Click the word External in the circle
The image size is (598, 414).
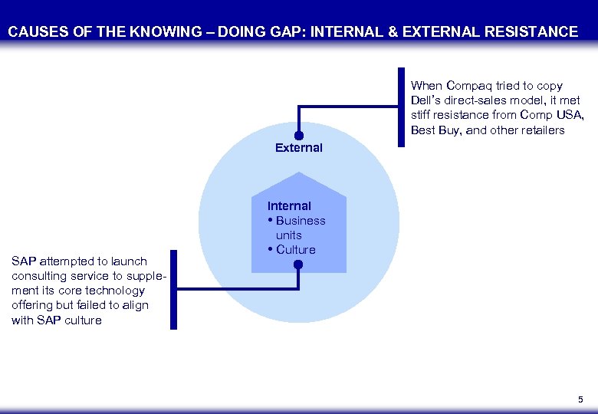click(x=299, y=148)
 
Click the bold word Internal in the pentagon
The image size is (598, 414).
click(x=289, y=206)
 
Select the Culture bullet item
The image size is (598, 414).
click(x=295, y=250)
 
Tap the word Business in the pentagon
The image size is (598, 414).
click(x=301, y=221)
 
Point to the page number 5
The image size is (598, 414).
click(x=580, y=399)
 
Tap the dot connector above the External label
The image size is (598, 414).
click(x=298, y=134)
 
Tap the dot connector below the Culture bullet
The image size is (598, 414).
click(x=298, y=264)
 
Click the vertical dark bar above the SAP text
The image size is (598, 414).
click(x=172, y=290)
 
